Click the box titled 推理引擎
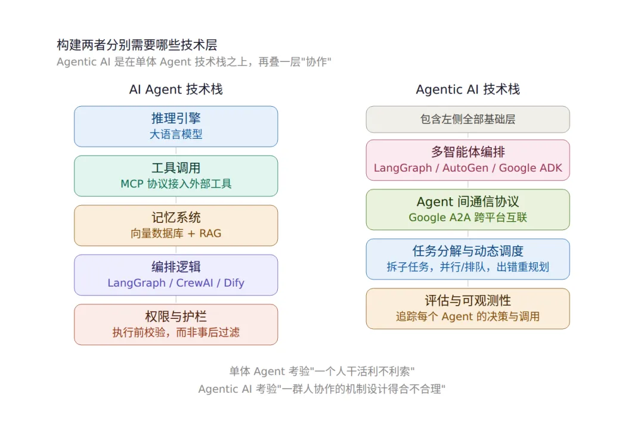[x=176, y=126]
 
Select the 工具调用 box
[x=176, y=176]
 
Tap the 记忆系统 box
[x=176, y=226]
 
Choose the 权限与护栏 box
[x=176, y=325]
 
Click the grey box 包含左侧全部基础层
[x=468, y=119]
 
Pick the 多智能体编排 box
[x=468, y=160]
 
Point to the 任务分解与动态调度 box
[x=468, y=259]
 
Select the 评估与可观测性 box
[x=468, y=309]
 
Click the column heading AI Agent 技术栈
[x=176, y=89]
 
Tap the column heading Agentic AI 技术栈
[x=468, y=89]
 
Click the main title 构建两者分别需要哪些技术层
[x=137, y=45]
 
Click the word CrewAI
[x=194, y=282]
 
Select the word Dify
[x=234, y=283]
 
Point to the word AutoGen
[x=465, y=168]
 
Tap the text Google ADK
[x=530, y=168]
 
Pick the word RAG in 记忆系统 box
[x=210, y=234]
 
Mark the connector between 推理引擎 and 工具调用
[x=176, y=151]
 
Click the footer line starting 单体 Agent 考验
[x=322, y=371]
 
